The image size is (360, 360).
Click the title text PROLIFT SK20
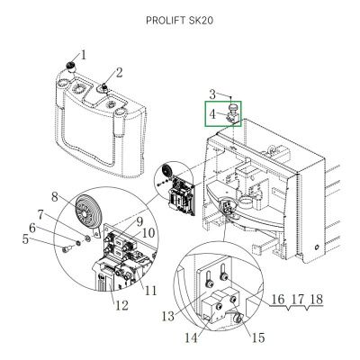tap(179, 19)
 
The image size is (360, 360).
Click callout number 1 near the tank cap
tap(84, 55)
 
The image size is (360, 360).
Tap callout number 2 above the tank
tap(119, 72)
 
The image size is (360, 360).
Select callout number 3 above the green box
tap(212, 94)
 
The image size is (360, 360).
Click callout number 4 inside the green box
tap(212, 114)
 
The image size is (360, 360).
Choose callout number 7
tap(66, 213)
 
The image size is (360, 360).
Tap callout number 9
tap(139, 220)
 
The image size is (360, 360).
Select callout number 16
tap(277, 299)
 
